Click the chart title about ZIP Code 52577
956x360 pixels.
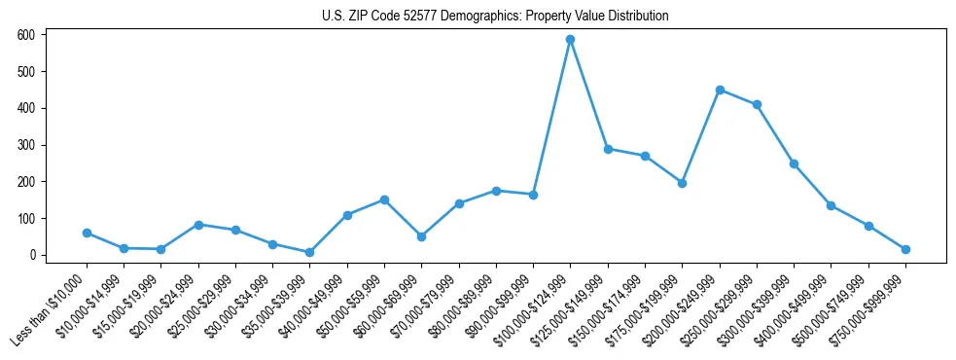coord(495,17)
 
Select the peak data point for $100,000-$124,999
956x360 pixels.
coord(571,40)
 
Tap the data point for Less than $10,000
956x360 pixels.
coord(87,234)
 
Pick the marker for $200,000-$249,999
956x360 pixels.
coord(720,90)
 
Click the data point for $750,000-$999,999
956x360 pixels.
coord(905,250)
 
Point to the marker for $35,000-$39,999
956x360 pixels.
coord(310,252)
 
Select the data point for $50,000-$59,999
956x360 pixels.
coord(384,199)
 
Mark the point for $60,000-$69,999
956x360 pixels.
coord(421,236)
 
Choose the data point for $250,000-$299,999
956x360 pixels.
coord(757,104)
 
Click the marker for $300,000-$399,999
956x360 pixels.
coord(794,163)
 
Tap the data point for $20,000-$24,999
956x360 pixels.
coord(198,225)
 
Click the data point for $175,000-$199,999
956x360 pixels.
coord(682,183)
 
